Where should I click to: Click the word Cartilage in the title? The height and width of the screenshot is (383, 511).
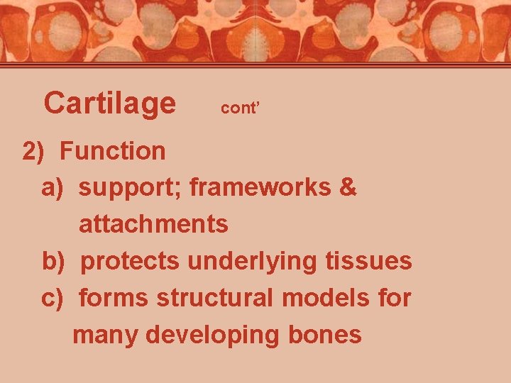coord(109,104)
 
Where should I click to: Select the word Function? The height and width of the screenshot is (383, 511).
coord(113,150)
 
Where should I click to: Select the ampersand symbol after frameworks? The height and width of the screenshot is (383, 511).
coord(348,187)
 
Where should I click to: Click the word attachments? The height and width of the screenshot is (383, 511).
coord(153,224)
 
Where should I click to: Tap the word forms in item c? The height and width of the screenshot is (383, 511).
coord(114,298)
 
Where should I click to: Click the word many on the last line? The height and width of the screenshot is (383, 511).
coord(106,335)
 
